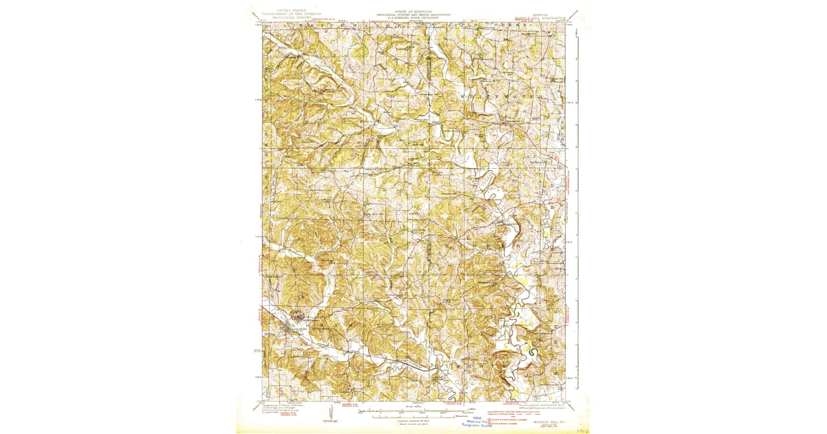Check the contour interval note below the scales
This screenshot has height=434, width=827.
[413, 422]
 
